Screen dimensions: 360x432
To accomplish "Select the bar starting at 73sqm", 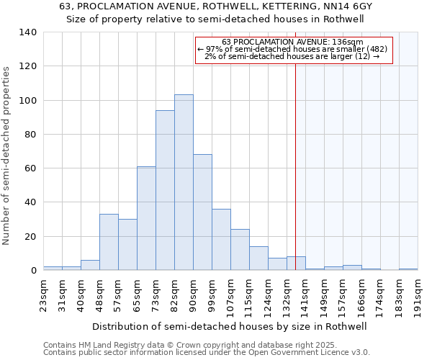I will [x=165, y=190].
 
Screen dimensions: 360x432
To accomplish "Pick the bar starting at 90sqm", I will [x=202, y=212].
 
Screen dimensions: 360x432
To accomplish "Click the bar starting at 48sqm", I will [x=109, y=242].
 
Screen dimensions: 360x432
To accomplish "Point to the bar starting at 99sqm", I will [x=221, y=240].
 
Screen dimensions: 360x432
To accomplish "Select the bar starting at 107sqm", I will [x=240, y=250].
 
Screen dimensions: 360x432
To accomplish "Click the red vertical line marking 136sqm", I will [x=295, y=180].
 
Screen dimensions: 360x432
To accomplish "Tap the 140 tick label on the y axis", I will [x=28, y=32].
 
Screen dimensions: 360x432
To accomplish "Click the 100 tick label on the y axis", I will [x=28, y=100].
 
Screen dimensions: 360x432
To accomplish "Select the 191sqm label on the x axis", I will [x=418, y=295].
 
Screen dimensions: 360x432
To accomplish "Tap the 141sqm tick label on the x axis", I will [x=306, y=295].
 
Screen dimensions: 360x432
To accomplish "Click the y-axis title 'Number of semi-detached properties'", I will [x=6, y=156].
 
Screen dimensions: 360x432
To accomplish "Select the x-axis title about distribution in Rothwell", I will [x=230, y=326].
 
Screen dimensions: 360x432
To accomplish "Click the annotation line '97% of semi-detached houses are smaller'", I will [x=292, y=49].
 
